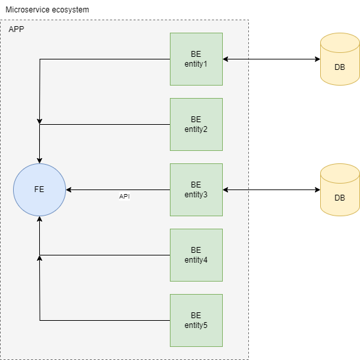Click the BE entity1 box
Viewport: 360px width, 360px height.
pyautogui.click(x=196, y=59)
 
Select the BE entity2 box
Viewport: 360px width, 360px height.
pyautogui.click(x=196, y=124)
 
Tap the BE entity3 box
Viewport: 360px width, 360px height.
pyautogui.click(x=196, y=189)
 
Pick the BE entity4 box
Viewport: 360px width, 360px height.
pyautogui.click(x=196, y=255)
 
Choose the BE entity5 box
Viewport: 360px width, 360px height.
pyautogui.click(x=196, y=320)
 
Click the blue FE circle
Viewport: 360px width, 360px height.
pyautogui.click(x=39, y=189)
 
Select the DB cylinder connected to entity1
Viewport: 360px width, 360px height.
pyautogui.click(x=340, y=60)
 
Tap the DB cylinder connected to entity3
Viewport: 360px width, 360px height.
pyautogui.click(x=340, y=190)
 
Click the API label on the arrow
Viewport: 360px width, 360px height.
pyautogui.click(x=124, y=196)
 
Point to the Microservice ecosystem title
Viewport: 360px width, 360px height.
pyautogui.click(x=47, y=10)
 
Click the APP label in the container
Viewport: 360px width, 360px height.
pyautogui.click(x=17, y=29)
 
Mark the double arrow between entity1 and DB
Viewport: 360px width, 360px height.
pyautogui.click(x=271, y=59)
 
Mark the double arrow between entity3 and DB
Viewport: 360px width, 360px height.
pyautogui.click(x=271, y=190)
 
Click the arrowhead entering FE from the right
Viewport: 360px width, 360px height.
pyautogui.click(x=69, y=190)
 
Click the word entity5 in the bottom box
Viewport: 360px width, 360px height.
pyautogui.click(x=196, y=325)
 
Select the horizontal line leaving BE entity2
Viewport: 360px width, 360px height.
pyautogui.click(x=105, y=125)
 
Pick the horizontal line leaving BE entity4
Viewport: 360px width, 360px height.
pyautogui.click(x=105, y=255)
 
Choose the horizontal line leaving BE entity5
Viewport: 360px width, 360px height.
pyautogui.click(x=105, y=320)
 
